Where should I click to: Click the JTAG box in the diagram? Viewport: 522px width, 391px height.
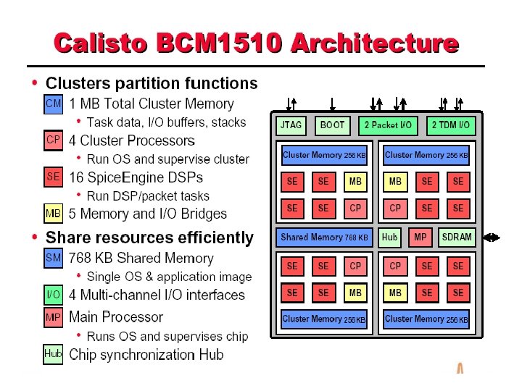click(293, 125)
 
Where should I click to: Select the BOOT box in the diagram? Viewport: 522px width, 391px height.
click(333, 125)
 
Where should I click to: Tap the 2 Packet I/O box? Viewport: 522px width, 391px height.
click(388, 125)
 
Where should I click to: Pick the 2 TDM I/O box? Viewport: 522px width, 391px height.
click(450, 125)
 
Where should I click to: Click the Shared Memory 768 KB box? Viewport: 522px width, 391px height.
click(324, 237)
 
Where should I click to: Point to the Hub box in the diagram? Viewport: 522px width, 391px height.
click(389, 237)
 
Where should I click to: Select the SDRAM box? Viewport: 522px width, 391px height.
click(457, 237)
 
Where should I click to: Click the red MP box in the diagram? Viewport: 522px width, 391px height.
click(420, 237)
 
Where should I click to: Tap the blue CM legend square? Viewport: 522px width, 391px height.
click(54, 104)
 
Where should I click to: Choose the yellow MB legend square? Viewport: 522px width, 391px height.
click(54, 214)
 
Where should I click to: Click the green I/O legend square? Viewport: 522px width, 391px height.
click(54, 295)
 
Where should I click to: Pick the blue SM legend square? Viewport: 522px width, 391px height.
click(54, 257)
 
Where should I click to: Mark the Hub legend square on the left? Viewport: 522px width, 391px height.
click(54, 354)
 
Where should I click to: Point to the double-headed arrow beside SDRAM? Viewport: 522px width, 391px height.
click(491, 237)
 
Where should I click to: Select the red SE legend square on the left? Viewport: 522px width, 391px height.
click(54, 176)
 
